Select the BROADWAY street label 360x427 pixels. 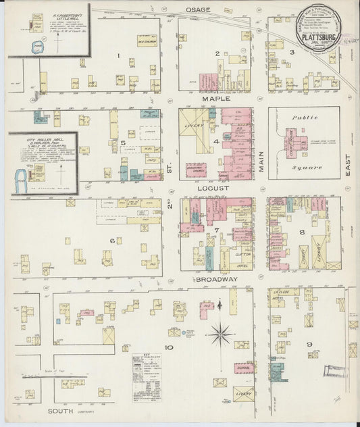[217, 279]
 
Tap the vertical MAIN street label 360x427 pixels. [261, 163]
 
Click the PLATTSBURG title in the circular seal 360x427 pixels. [321, 38]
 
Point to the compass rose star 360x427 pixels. [221, 333]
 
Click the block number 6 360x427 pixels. [121, 240]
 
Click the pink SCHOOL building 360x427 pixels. [245, 368]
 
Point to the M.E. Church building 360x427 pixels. [146, 41]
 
